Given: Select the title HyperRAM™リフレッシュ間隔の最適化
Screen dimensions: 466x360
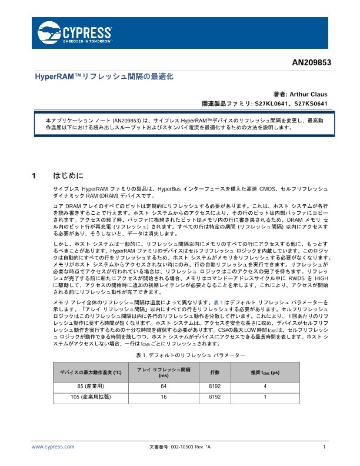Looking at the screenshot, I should click(x=105, y=77).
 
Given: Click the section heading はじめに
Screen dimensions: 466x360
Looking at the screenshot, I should click(x=69, y=175).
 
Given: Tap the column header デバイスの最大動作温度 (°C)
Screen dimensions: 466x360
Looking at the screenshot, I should click(x=91, y=372).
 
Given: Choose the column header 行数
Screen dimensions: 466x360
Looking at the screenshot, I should click(x=215, y=372).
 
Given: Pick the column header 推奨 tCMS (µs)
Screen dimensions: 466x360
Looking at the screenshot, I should click(x=265, y=372).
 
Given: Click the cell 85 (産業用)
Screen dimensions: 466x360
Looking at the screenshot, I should click(x=91, y=386).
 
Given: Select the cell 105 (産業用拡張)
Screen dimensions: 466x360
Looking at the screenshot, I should click(x=91, y=397).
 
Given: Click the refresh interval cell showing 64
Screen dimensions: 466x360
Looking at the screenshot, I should click(x=164, y=386).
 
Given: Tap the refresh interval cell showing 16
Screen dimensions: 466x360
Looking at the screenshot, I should click(x=164, y=397).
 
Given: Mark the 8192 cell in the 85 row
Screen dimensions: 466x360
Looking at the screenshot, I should click(x=215, y=386).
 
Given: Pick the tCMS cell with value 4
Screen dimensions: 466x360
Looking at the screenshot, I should click(x=265, y=386).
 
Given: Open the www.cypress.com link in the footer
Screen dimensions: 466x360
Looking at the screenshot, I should click(x=53, y=447).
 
